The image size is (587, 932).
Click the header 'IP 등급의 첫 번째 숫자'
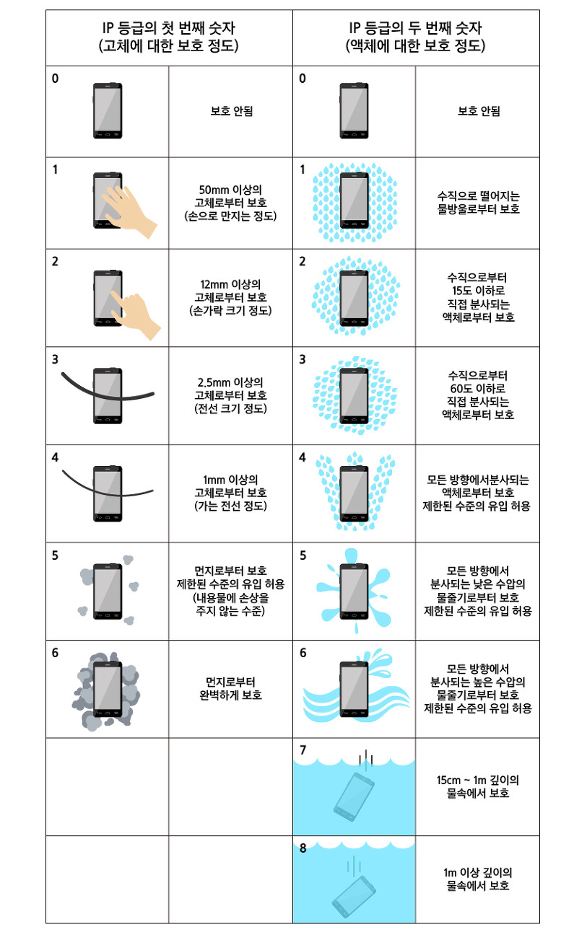169,28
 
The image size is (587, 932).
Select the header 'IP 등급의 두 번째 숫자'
415,28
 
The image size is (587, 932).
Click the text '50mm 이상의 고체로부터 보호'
230,196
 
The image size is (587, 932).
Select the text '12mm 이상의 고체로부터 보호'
230,291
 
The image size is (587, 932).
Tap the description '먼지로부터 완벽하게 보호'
230,689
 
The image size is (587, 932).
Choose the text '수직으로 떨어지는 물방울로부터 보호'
479,203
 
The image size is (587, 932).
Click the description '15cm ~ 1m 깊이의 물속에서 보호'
478,786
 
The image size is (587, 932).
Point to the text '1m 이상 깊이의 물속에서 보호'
478,879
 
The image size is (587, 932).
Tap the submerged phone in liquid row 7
354,797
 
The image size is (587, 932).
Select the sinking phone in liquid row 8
354,897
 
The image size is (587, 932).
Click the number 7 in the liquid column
303,750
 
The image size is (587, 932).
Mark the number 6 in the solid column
55,653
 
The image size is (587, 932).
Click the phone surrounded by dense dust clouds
108,689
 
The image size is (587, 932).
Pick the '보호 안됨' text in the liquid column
479,111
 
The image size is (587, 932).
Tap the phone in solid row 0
108,110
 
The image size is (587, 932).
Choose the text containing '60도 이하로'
478,395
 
